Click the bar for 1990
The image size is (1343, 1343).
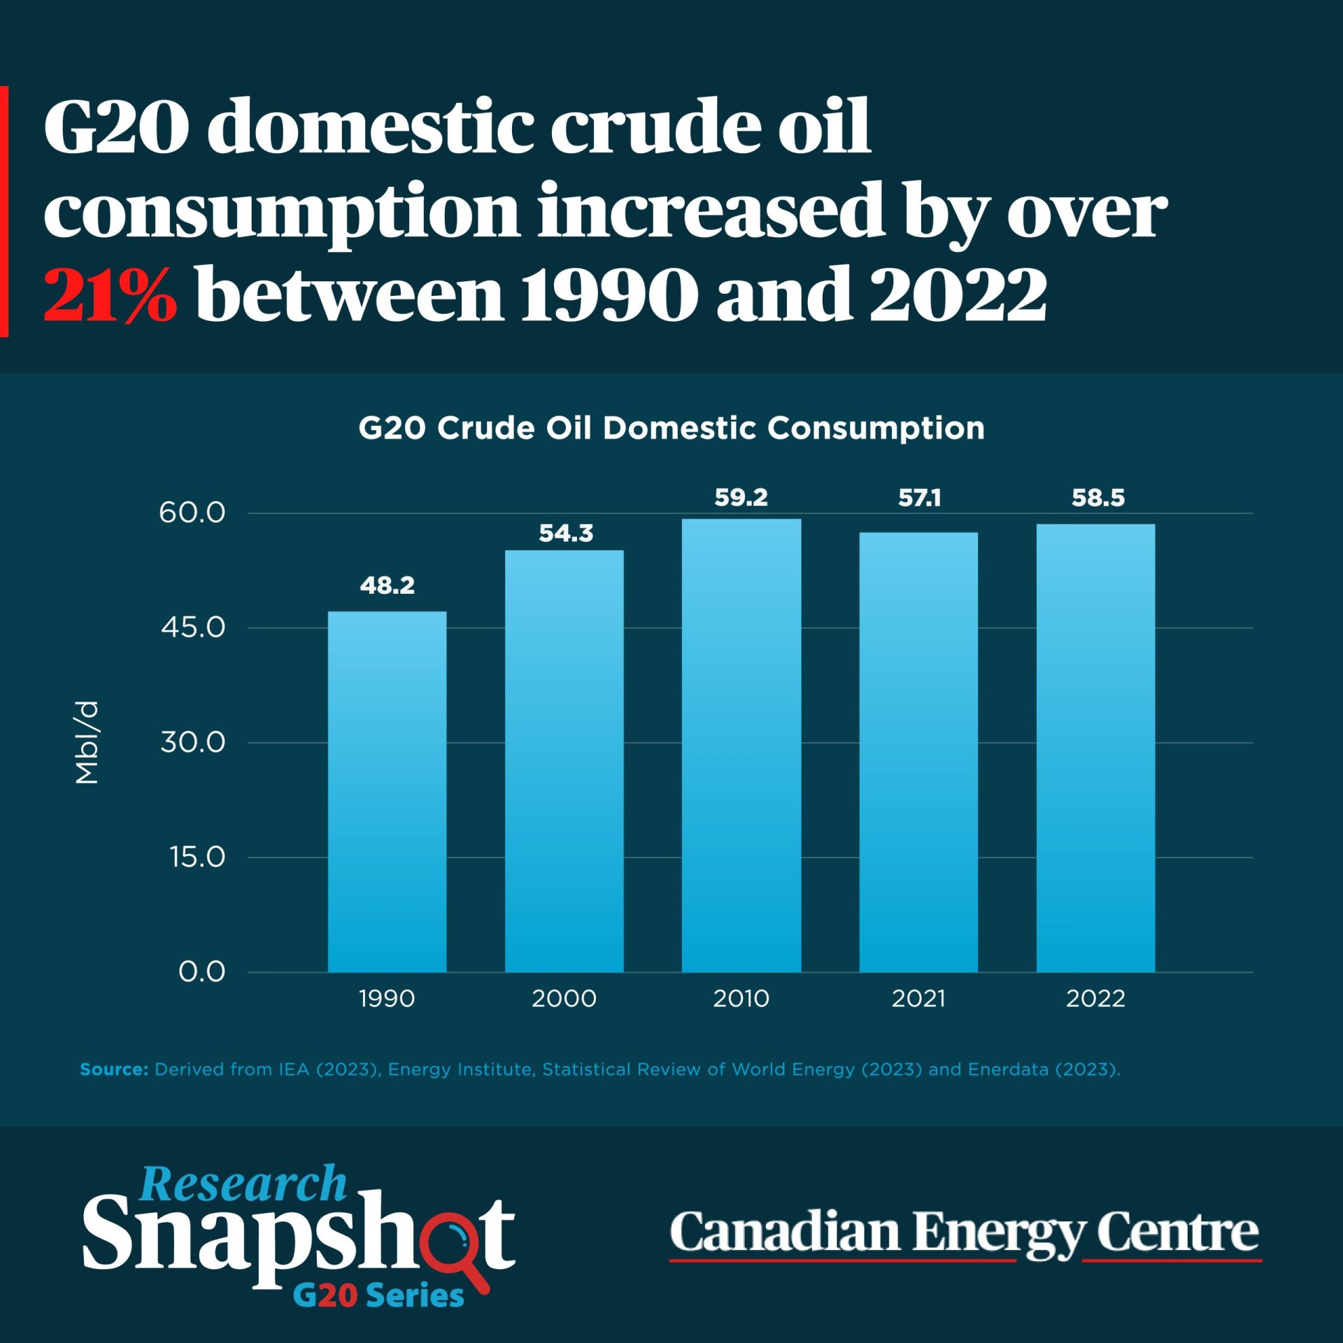pos(387,791)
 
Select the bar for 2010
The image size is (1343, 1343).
pos(741,745)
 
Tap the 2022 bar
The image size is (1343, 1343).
pos(1095,748)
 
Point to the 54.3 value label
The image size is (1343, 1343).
pos(565,534)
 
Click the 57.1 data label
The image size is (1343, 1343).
pos(919,498)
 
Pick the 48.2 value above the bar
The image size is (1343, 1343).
pos(387,585)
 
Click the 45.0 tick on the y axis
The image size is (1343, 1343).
pos(193,627)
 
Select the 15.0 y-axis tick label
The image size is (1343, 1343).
pos(197,857)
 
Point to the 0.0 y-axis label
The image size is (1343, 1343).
pos(201,972)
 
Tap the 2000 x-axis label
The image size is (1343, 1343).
pos(564,998)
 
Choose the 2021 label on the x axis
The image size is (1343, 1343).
pos(918,998)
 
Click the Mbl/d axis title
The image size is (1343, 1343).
pos(87,742)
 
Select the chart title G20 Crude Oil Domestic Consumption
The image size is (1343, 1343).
pos(671,428)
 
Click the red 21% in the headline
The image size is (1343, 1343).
pos(110,294)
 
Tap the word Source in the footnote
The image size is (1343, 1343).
pos(113,1070)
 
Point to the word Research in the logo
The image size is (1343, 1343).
pos(243,1185)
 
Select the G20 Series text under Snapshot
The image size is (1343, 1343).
pos(378,1295)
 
